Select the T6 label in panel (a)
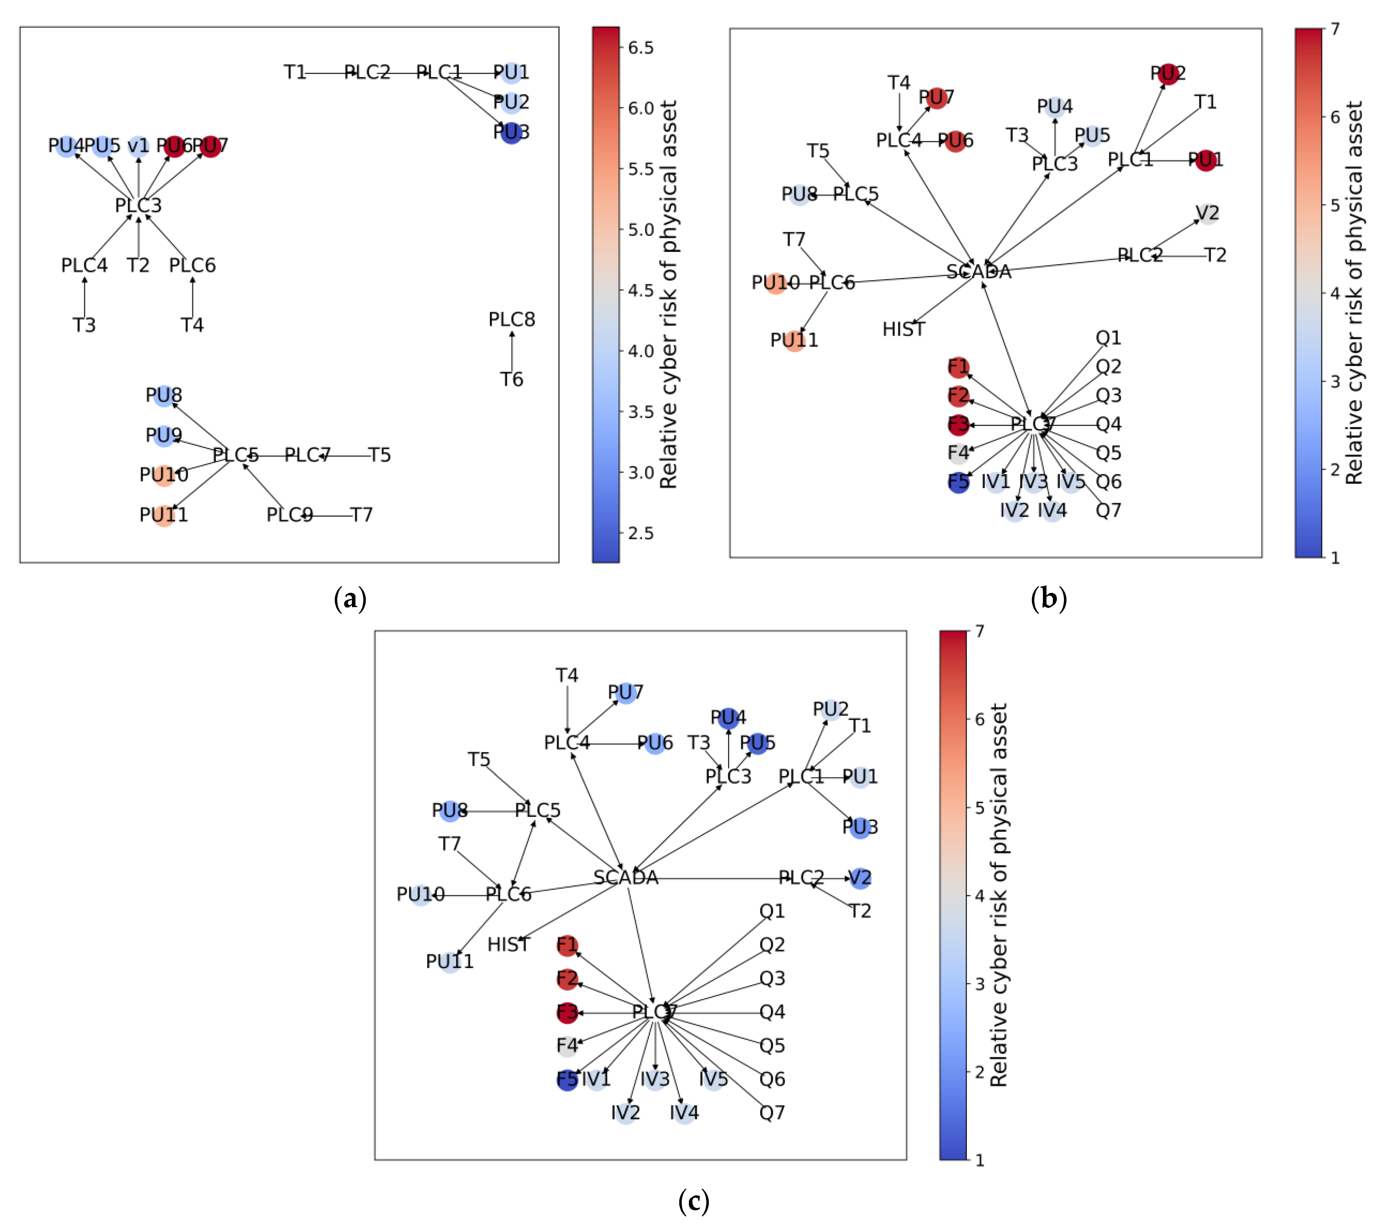coord(511,380)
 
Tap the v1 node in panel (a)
coord(138,146)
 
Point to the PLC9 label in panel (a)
coord(289,515)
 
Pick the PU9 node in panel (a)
coord(164,436)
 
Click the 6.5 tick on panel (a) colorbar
coord(640,48)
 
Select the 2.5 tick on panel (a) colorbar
coord(640,533)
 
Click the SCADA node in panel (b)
coord(979,271)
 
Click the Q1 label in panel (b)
coord(1108,338)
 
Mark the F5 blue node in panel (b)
coord(958,482)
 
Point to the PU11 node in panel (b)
coord(794,340)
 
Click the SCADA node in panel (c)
coord(626,877)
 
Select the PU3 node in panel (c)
coord(860,827)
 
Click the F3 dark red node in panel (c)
coord(567,1012)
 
